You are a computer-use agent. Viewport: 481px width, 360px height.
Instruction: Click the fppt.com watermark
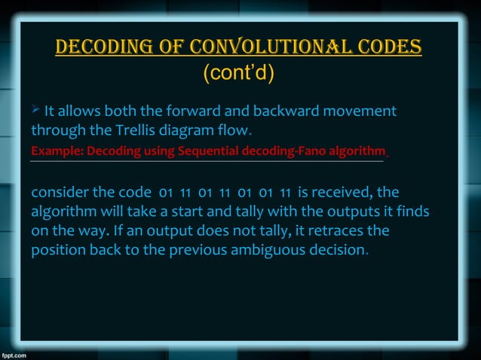coord(15,352)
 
